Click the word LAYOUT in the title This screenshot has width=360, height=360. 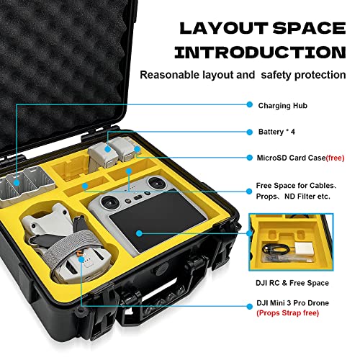[224, 28]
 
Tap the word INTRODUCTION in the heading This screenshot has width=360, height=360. [260, 53]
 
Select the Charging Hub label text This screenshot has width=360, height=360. [283, 106]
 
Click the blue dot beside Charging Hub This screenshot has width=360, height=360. [250, 104]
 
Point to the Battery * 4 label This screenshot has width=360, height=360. [276, 132]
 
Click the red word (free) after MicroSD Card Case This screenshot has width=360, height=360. [336, 158]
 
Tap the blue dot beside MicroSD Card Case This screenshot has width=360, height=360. [250, 158]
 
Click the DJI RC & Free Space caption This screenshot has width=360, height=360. [292, 283]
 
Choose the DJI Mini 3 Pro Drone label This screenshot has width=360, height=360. [292, 303]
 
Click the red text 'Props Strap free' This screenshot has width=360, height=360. [287, 313]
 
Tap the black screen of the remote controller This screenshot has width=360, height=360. [158, 220]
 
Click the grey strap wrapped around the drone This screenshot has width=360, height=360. [70, 247]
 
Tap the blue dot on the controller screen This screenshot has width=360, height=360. [139, 233]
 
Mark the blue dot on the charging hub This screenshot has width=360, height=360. [17, 183]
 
